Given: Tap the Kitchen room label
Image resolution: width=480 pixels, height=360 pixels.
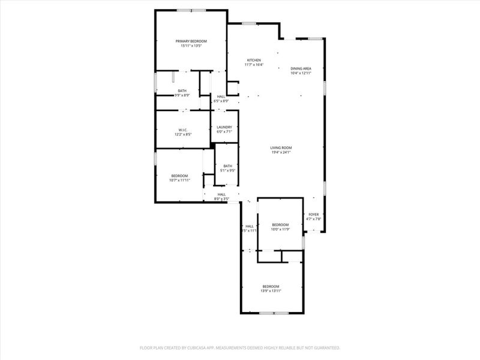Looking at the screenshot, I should point(254,61).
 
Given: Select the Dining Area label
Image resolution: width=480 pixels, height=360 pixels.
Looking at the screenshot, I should point(301,68).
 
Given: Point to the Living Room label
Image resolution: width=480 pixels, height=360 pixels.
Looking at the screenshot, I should point(281,148).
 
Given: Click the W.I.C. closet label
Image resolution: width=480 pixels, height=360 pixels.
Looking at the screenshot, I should point(183,130).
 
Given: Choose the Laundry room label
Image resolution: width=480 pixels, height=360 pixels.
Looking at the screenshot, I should point(224,127).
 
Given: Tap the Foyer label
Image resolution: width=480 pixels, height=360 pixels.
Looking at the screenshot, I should point(314,214).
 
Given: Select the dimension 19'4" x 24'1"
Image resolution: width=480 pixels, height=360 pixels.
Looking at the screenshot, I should point(281,152).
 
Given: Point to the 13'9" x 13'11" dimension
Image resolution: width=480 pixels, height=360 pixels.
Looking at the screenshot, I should point(271,290).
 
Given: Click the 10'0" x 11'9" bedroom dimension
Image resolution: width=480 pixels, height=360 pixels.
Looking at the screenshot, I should point(280,229).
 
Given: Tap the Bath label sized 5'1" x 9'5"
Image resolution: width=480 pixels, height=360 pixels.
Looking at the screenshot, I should point(227,166).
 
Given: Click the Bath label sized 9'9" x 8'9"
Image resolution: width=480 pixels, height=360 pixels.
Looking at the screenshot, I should point(182,91).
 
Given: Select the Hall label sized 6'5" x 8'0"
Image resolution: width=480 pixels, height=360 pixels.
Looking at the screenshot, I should point(221,97).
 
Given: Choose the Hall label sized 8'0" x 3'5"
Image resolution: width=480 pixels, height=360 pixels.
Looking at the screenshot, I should point(221,194).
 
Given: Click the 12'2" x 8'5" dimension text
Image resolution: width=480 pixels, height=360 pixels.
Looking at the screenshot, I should point(183,134).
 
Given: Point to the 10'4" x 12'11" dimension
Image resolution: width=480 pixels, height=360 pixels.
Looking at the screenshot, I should point(301,73).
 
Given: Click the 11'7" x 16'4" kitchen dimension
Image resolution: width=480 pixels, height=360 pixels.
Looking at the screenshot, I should point(254,65).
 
